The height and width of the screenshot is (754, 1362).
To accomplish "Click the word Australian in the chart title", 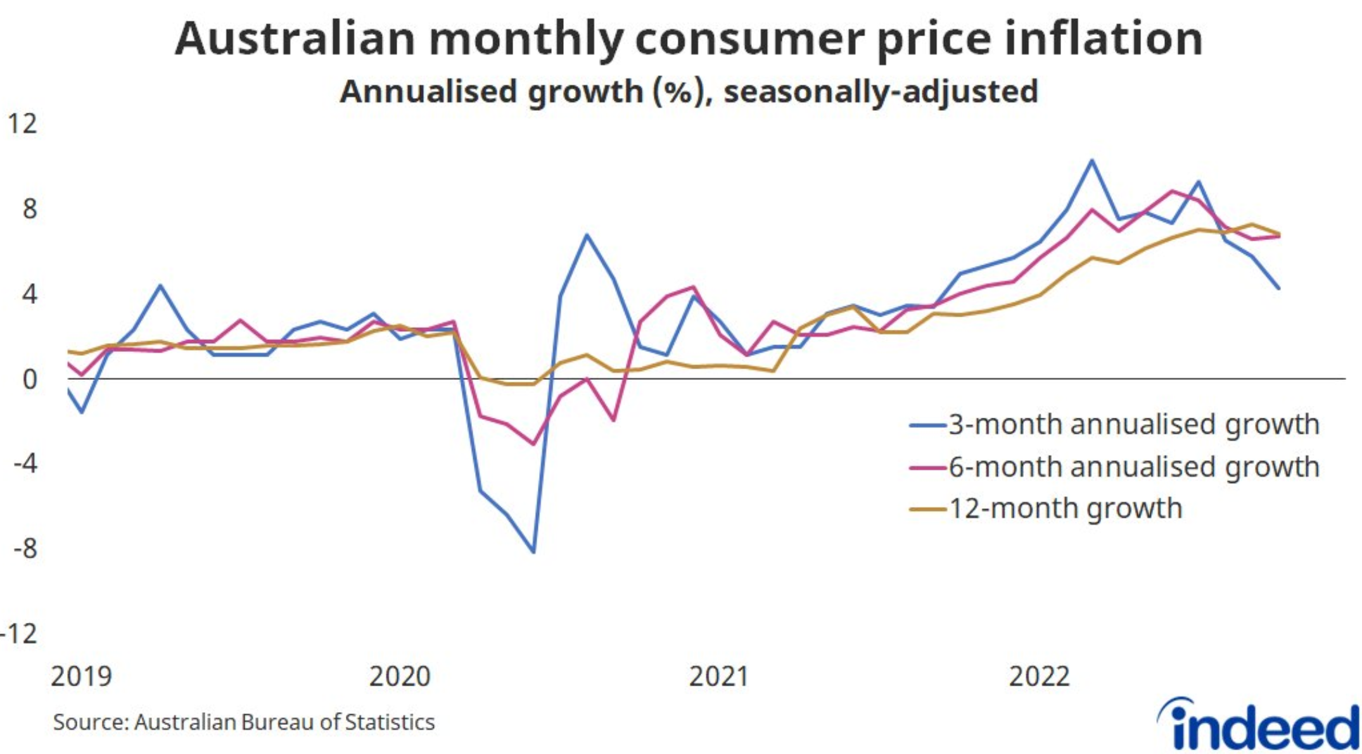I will click(295, 39).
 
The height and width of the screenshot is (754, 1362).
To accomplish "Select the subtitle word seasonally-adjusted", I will click(881, 92).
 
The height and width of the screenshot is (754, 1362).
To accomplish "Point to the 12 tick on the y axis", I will click(22, 123).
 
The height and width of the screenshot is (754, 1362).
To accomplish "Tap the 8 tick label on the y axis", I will click(29, 209).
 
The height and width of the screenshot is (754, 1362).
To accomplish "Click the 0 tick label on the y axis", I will click(29, 380).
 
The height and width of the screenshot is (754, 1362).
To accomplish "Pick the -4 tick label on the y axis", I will click(25, 464).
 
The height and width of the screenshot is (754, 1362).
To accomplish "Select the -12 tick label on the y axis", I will click(19, 633).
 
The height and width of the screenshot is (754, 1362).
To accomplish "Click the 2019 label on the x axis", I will click(81, 676).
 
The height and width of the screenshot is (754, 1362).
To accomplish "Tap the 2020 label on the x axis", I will click(400, 676).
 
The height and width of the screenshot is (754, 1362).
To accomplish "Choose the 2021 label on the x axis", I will click(719, 676).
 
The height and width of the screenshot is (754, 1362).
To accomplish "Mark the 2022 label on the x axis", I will click(1039, 676).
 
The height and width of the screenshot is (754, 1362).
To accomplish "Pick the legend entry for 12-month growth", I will click(1064, 508).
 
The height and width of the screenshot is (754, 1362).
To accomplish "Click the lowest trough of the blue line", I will click(533, 552).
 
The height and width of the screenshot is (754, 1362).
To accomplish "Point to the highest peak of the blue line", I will click(1092, 160).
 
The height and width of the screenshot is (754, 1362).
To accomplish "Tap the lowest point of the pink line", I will click(533, 444).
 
